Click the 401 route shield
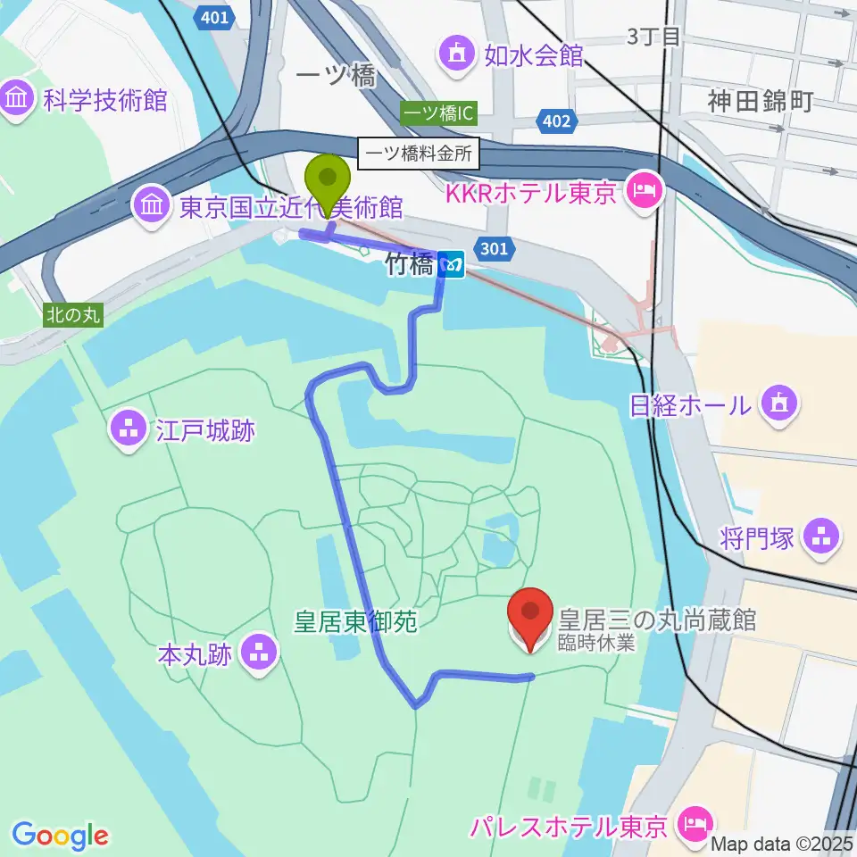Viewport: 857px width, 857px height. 214,17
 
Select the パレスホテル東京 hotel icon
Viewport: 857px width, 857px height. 694,822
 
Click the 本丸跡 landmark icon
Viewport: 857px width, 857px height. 259,654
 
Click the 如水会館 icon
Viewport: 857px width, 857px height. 458,55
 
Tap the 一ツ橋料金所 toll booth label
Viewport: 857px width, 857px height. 419,154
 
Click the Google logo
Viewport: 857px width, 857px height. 60,836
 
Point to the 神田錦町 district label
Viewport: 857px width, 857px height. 760,100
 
